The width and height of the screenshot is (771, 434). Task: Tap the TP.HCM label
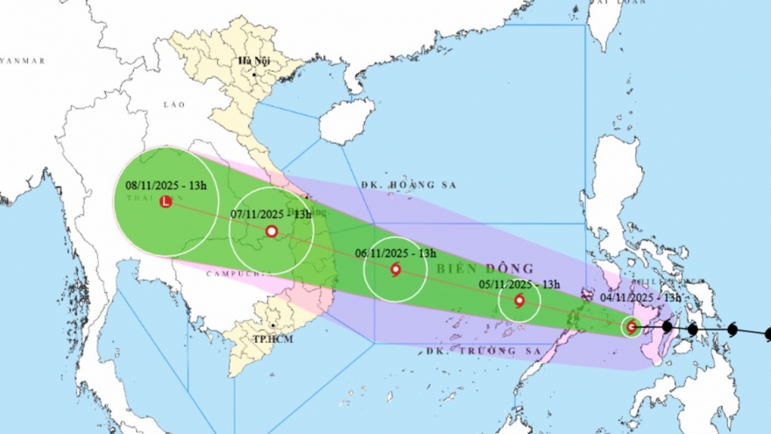click(x=249, y=338)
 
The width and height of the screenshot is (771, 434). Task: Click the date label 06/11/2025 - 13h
click(x=395, y=253)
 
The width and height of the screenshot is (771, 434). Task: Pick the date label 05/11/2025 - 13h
click(x=520, y=284)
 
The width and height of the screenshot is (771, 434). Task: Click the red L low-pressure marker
click(x=166, y=203)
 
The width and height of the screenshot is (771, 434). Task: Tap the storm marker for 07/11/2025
click(x=272, y=231)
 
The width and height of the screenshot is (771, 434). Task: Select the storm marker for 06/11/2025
click(x=395, y=269)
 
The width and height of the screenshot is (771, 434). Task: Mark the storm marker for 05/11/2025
click(x=520, y=301)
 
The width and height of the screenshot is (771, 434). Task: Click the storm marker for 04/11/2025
click(x=631, y=327)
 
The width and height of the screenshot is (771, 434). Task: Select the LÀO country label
click(x=174, y=104)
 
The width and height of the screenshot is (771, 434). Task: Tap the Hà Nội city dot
click(x=253, y=75)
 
